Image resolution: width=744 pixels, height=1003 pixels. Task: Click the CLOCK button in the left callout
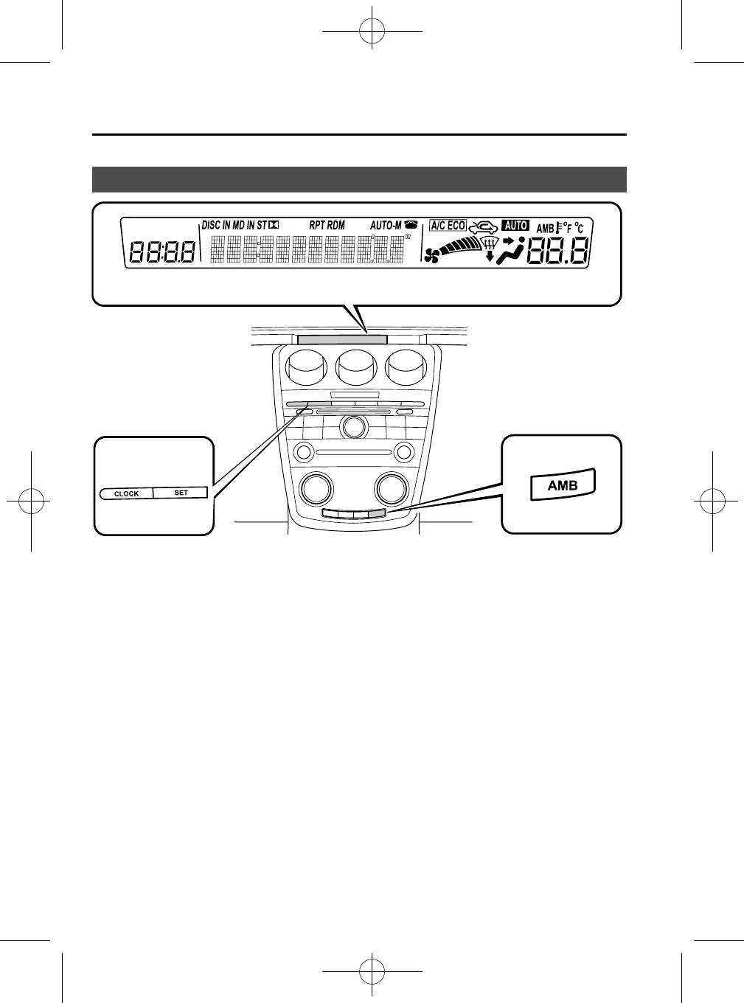click(x=126, y=493)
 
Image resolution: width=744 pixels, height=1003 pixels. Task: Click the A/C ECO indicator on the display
click(x=448, y=226)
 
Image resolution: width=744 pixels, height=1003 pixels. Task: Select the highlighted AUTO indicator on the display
click(x=515, y=226)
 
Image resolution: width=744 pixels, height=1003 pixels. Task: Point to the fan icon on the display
click(x=433, y=254)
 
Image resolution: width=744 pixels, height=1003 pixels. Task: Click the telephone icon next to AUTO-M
click(x=410, y=226)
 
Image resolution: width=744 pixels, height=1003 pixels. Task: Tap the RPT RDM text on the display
click(x=327, y=226)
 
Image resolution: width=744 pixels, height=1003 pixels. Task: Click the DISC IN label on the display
click(x=216, y=226)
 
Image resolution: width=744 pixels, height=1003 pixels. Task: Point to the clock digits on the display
click(x=162, y=254)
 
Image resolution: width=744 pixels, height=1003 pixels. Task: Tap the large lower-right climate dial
click(x=392, y=487)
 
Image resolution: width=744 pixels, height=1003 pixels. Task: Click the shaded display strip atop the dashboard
click(x=343, y=339)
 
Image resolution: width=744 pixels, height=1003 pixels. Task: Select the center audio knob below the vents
click(x=354, y=427)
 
